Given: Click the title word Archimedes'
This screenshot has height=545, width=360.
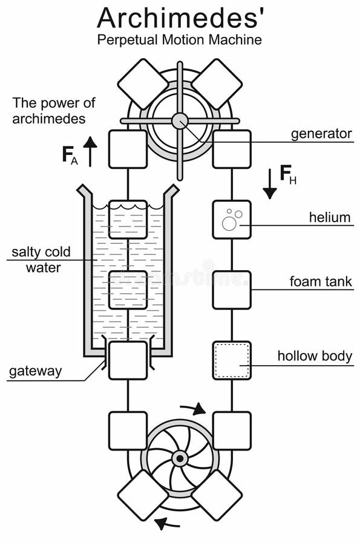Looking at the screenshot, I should click(180, 18).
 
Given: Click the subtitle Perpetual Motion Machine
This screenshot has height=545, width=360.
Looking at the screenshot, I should click(180, 41).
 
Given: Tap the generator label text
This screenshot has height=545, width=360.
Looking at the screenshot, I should click(321, 134).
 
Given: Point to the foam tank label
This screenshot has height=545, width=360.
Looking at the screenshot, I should click(321, 282).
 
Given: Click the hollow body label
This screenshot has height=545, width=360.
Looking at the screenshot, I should click(315, 355).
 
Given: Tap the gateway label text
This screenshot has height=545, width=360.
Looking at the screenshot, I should click(35, 371).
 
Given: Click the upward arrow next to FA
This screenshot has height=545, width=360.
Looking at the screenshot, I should click(90, 151).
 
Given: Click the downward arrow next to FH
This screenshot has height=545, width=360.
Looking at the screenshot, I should click(270, 184).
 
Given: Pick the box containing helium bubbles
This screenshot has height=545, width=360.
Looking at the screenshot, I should click(232, 219).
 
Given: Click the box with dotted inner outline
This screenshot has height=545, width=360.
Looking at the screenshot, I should click(232, 360).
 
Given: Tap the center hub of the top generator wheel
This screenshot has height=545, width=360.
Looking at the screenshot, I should click(180, 121).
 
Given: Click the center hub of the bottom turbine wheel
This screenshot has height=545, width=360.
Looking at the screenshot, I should click(179, 458).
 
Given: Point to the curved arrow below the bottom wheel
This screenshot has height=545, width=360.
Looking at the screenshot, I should click(166, 522).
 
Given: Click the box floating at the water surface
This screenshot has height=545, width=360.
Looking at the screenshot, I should click(128, 219).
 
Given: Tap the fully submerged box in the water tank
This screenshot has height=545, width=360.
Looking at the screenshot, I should click(128, 289).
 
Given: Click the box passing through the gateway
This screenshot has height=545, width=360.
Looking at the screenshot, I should click(128, 360).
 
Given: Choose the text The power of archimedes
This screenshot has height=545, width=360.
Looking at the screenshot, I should click(54, 111).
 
